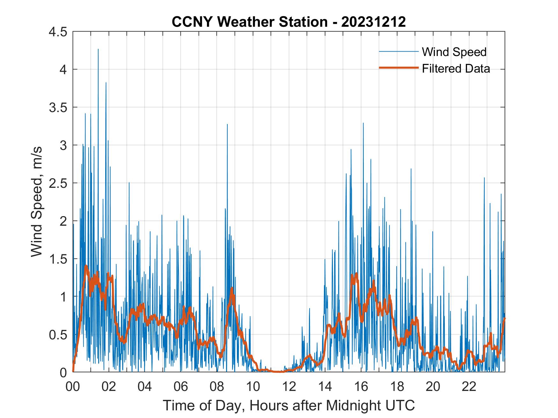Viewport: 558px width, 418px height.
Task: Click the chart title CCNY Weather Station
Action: click(289, 22)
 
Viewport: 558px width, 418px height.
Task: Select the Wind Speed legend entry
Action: click(454, 52)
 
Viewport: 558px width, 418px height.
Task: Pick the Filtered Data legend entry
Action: click(456, 68)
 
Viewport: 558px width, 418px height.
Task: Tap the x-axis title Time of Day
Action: click(289, 406)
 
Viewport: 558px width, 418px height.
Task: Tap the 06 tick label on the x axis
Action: click(181, 386)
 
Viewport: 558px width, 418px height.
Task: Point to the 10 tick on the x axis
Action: click(253, 386)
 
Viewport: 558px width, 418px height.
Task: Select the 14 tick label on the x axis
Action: click(325, 386)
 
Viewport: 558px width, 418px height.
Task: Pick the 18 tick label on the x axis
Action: click(397, 386)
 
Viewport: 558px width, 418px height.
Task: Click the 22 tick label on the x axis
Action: click(469, 386)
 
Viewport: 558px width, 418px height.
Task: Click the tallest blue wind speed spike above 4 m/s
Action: click(98, 49)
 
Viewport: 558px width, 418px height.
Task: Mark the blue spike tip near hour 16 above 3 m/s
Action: click(363, 123)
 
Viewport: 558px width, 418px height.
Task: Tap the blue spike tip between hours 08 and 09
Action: click(227, 124)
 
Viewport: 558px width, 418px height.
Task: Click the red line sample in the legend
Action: click(399, 68)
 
